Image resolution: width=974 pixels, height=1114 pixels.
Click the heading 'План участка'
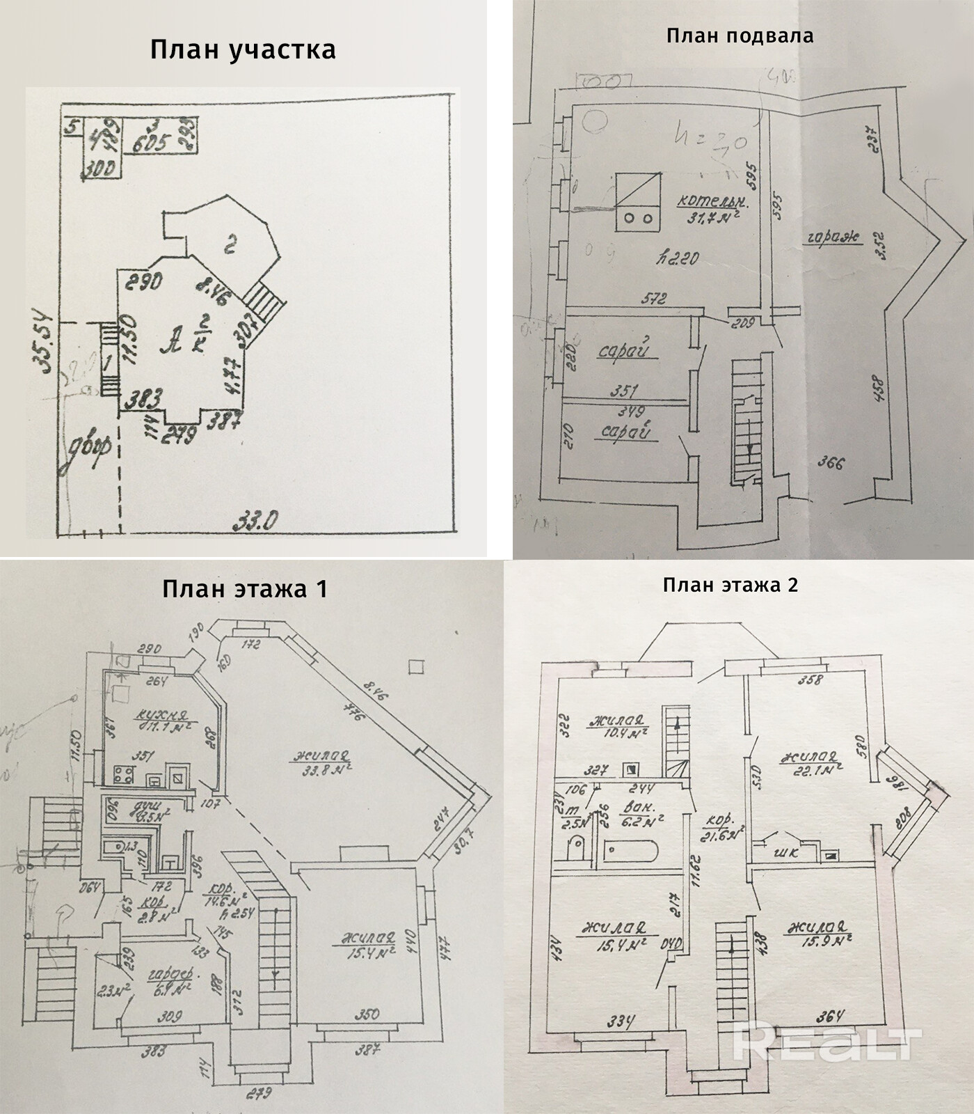point(243,50)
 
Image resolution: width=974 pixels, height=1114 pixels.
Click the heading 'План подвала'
point(740,36)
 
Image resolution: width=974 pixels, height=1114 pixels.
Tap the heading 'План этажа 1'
point(244,589)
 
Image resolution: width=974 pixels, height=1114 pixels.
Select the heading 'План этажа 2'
point(730,585)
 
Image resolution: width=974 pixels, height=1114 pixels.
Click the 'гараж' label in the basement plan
point(833,237)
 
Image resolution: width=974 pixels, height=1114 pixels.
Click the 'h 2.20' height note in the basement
point(677,259)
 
